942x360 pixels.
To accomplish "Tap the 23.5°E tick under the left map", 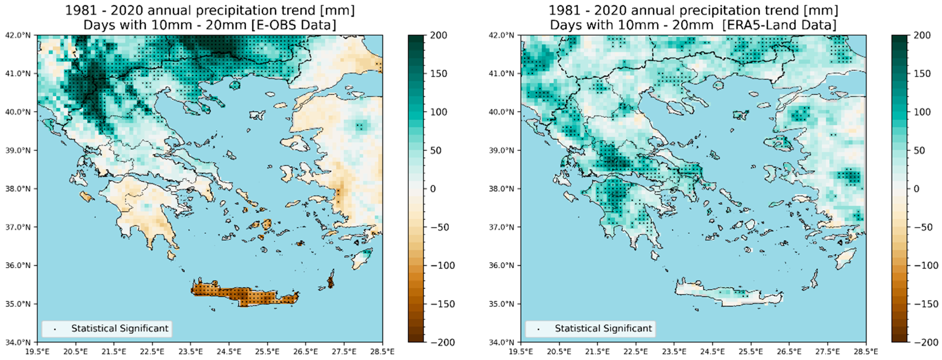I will [191, 352].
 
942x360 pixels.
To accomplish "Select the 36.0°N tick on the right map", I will [501, 265].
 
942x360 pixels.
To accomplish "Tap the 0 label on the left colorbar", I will [433, 189].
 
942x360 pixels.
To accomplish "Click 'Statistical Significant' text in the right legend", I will [603, 328].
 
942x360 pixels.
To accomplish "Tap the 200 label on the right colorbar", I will [922, 36].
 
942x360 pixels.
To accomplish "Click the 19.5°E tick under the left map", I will [37, 352].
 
